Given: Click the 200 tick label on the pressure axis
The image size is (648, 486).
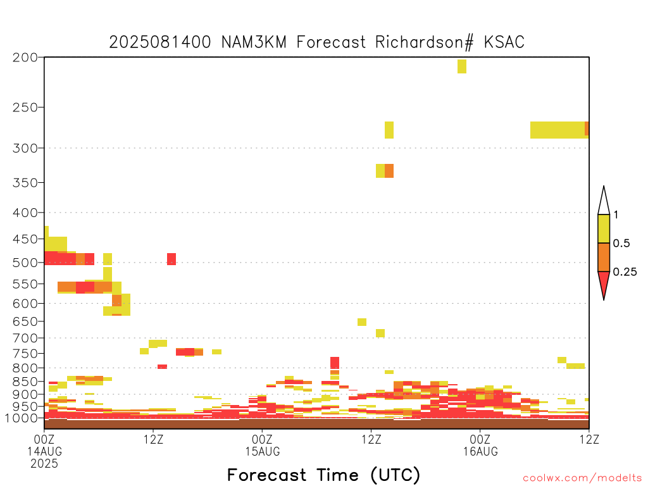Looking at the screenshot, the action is (x=25, y=58).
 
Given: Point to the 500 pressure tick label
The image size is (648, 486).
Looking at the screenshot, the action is (x=25, y=263).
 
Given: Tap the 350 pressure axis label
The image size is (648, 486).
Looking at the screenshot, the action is (x=25, y=183).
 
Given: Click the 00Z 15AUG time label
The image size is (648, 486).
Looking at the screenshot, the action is (x=263, y=445).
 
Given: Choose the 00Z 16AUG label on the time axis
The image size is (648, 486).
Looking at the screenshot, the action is (x=480, y=445).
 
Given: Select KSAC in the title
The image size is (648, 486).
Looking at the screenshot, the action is (x=504, y=42).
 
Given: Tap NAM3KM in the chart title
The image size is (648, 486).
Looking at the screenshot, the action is (x=254, y=42).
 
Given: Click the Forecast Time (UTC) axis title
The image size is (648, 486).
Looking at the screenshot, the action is (x=323, y=475).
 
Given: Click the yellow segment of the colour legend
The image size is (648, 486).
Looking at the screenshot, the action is (x=604, y=228).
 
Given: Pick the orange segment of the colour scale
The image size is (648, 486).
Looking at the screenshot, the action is (x=604, y=257).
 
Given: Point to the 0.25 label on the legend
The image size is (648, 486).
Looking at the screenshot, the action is (x=625, y=272).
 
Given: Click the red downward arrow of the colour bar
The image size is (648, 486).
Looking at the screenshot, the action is (x=604, y=285).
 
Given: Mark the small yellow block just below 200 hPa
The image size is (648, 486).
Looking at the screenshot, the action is (x=462, y=66).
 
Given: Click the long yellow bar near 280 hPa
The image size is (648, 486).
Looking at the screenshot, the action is (x=558, y=130).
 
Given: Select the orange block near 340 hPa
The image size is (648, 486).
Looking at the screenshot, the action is (x=389, y=171).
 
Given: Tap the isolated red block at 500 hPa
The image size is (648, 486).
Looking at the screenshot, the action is (x=171, y=259).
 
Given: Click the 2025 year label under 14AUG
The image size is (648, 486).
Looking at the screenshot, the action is (x=44, y=463).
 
